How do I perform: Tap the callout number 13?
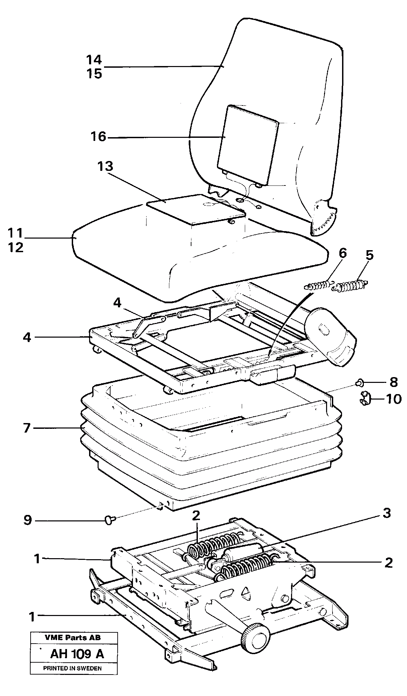coord(105,167)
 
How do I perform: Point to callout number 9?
coord(28,520)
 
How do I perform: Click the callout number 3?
coord(387,513)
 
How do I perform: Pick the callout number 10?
coord(394,399)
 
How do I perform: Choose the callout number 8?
coord(393,383)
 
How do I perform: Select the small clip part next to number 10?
coord(365,399)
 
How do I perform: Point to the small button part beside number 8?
coord(359,383)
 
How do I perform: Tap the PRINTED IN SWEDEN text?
coord(72,668)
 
